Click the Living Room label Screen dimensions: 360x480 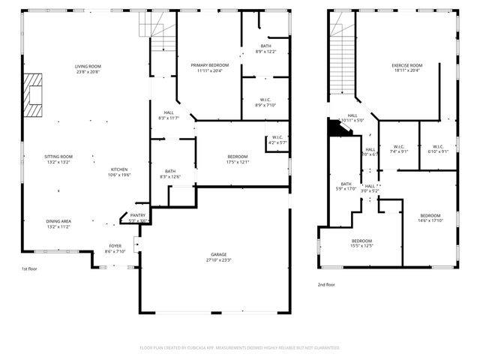point(88,69)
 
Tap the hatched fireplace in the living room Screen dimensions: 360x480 point(32,94)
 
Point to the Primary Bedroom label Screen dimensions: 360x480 point(209,68)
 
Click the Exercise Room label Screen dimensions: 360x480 point(406,68)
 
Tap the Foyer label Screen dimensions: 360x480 point(115,248)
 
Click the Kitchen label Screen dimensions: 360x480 point(120,172)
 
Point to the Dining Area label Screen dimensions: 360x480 point(58,223)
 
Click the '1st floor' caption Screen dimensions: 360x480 point(29,268)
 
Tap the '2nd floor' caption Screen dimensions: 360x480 point(326,285)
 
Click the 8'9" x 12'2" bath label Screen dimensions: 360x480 point(266,49)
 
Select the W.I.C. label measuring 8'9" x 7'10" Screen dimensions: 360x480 point(265,103)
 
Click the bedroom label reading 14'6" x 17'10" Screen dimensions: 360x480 point(430,218)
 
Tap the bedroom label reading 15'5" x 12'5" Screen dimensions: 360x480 point(361,244)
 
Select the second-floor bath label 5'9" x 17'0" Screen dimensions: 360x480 point(346,187)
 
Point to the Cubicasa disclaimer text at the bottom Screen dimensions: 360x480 point(240,348)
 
